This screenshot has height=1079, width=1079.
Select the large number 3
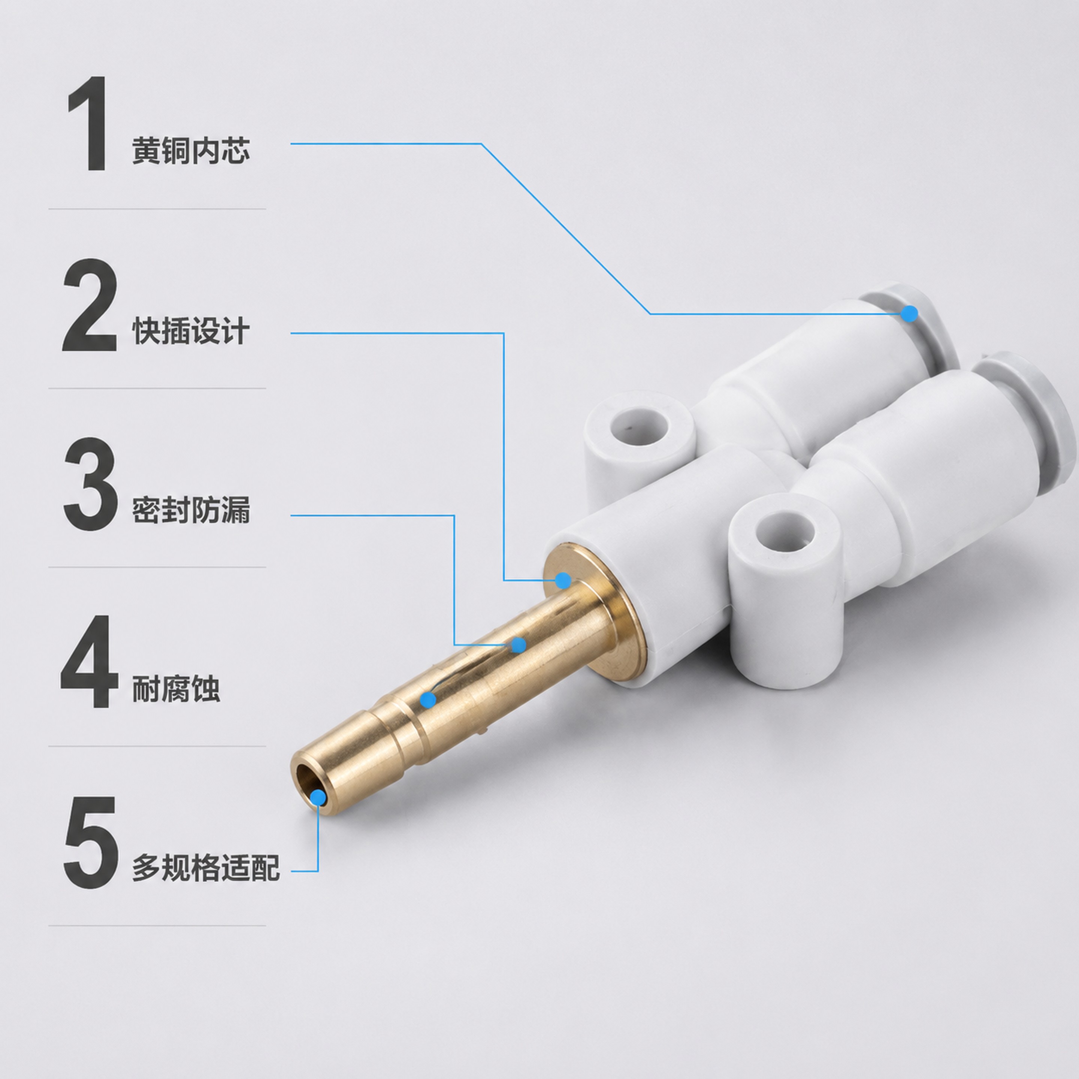tap(90, 484)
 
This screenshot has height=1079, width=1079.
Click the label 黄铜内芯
tap(190, 151)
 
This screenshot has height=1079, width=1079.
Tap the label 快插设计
tap(190, 331)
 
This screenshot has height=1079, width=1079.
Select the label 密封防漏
tap(190, 510)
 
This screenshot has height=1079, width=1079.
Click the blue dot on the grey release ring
tap(909, 313)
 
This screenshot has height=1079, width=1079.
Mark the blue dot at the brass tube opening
tap(317, 797)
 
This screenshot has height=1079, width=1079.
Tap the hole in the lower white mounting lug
tap(784, 531)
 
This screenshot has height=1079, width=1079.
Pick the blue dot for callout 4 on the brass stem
tap(428, 699)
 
